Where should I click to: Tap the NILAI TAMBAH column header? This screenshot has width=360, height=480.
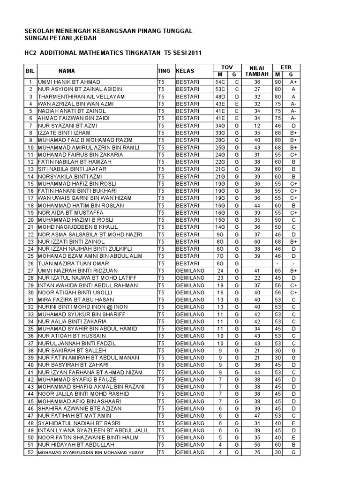257,71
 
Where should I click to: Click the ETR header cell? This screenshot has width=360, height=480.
285,67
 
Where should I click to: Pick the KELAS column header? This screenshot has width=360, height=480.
186,71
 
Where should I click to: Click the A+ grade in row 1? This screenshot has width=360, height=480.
292,82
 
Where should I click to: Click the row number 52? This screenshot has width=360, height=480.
30,452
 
